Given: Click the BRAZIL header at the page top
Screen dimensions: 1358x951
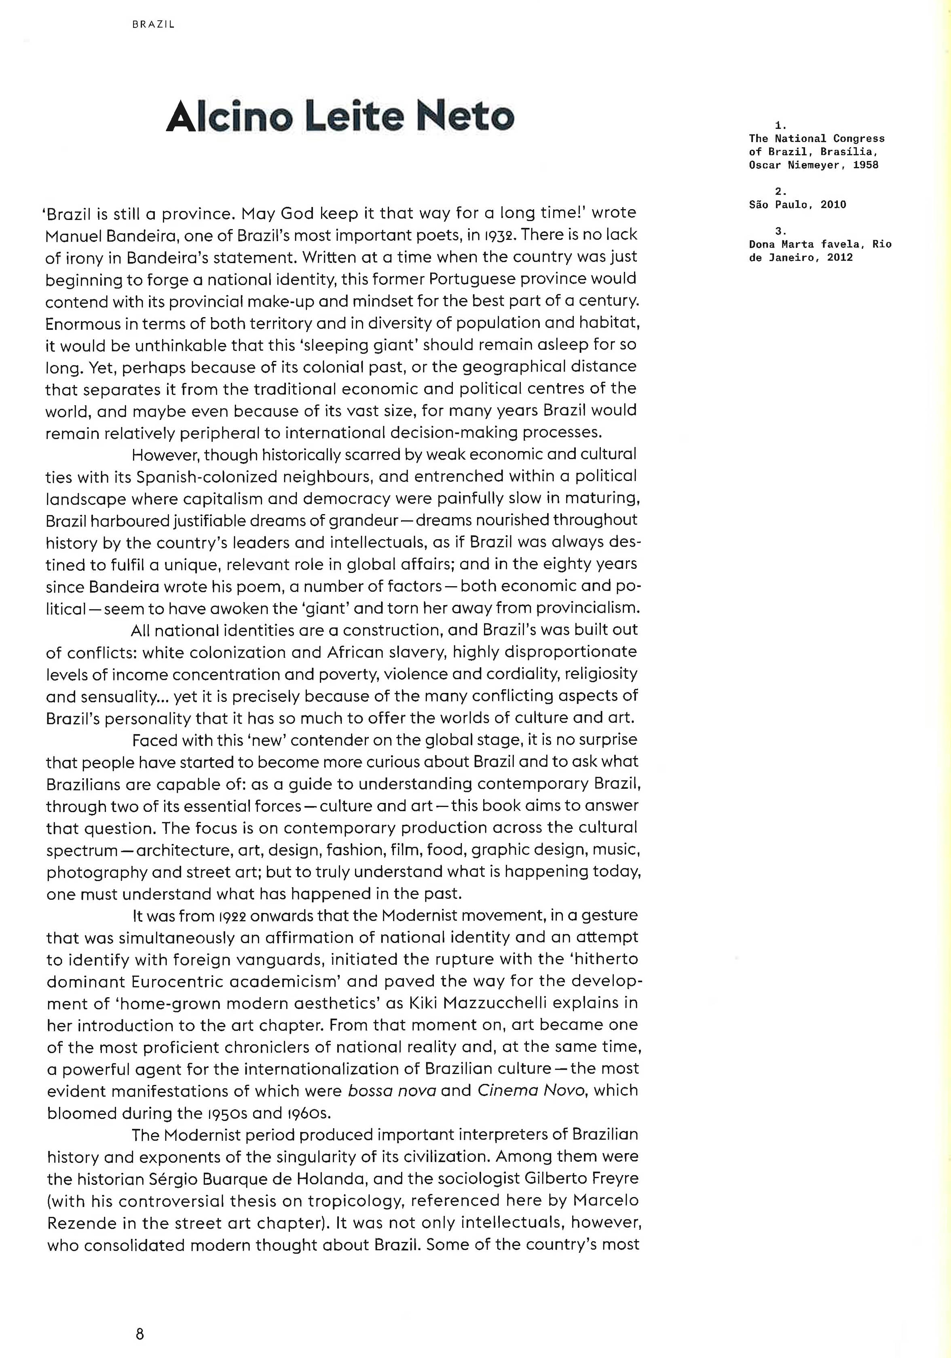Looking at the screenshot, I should pos(153,25).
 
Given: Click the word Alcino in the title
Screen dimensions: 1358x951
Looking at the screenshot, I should pos(229,117).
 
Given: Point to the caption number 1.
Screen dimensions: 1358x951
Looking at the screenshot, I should pos(780,125).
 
